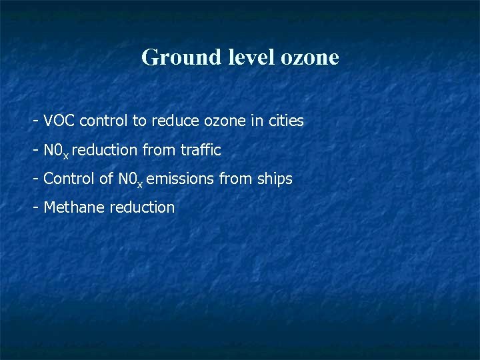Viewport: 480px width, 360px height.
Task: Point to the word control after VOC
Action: coord(102,121)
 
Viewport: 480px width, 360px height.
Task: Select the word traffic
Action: coord(199,151)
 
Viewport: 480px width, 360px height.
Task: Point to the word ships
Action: coord(275,179)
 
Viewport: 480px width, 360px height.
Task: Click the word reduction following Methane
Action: coord(142,207)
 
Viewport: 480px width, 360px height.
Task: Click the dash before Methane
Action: coord(36,208)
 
